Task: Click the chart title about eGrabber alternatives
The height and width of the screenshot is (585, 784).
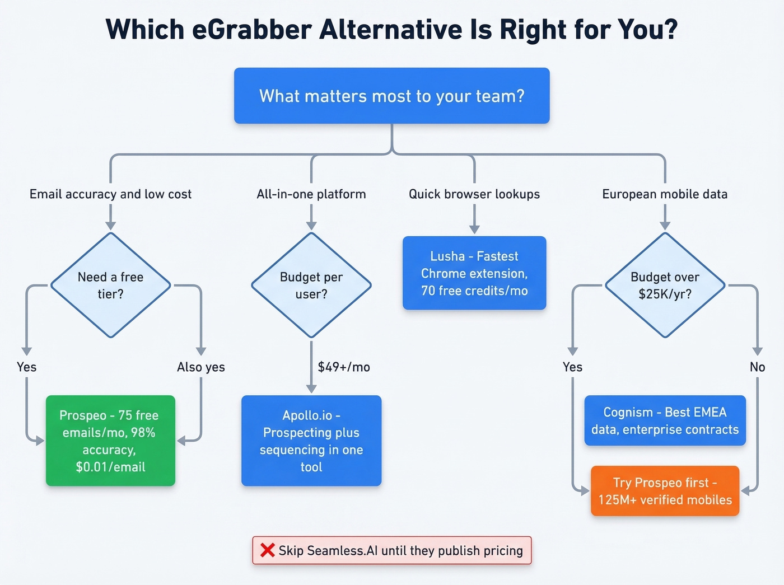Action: click(391, 30)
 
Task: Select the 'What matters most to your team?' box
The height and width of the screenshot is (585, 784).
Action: click(391, 96)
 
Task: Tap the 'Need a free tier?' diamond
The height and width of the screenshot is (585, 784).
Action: click(110, 285)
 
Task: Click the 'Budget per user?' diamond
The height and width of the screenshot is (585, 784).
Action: click(311, 285)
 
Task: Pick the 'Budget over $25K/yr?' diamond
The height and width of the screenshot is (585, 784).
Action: click(665, 285)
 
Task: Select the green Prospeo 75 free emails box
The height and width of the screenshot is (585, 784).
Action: click(110, 441)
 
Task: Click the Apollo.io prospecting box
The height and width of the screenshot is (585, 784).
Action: click(311, 441)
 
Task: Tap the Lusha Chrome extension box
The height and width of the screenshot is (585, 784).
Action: click(474, 273)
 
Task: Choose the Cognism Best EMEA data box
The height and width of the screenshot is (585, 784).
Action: click(665, 420)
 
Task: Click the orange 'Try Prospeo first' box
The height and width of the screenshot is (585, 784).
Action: click(665, 491)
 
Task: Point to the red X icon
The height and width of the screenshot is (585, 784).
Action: click(268, 550)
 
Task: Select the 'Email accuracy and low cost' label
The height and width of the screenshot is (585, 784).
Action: click(110, 194)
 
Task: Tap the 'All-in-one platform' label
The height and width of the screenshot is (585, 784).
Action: click(311, 194)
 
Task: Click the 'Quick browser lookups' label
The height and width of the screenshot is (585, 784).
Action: click(474, 194)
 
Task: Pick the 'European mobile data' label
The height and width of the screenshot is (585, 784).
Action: click(665, 194)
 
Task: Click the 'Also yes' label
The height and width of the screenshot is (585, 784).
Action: click(200, 367)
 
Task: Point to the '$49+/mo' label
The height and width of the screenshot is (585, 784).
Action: click(344, 367)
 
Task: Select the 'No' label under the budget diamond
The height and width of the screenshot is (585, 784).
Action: click(757, 367)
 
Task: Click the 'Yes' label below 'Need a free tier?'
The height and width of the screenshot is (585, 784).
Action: click(26, 367)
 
